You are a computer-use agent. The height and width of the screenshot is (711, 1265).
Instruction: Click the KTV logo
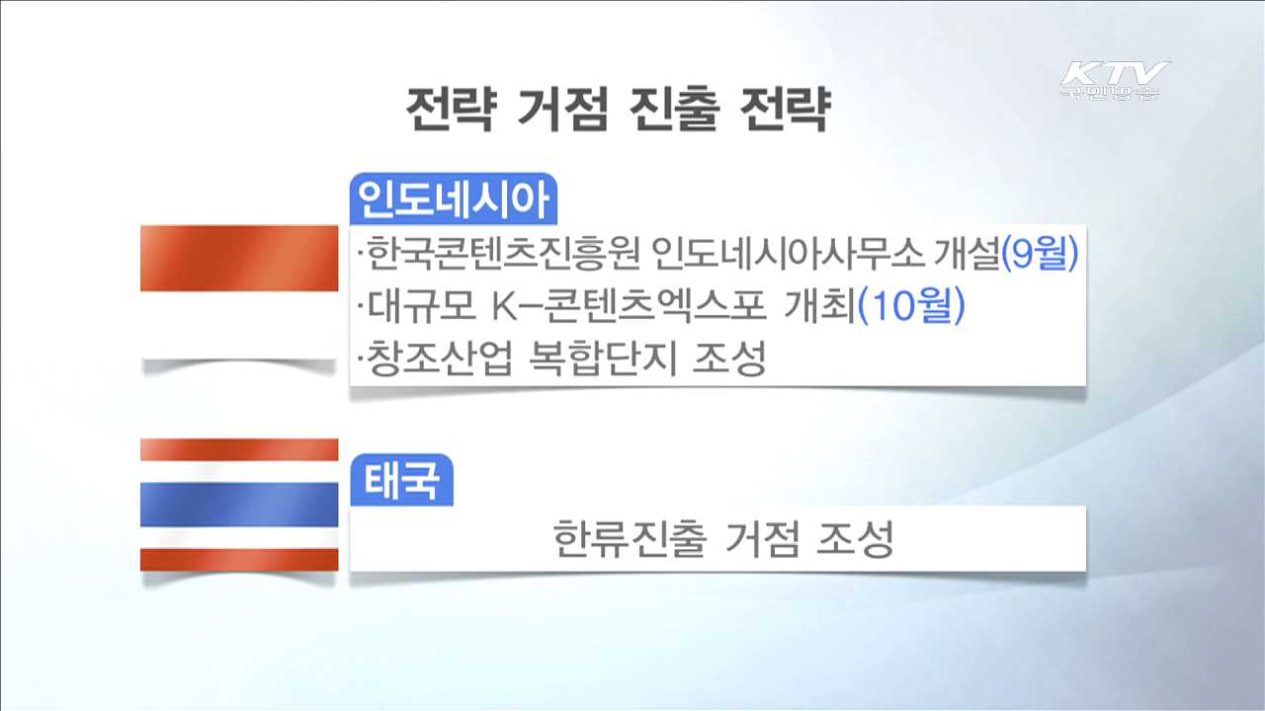pos(1114,80)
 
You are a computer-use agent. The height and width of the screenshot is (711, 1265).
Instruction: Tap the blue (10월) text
pos(910,308)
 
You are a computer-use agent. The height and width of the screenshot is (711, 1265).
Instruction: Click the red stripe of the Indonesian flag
pos(239,259)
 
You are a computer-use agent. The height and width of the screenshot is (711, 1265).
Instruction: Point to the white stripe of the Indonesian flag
pos(239,326)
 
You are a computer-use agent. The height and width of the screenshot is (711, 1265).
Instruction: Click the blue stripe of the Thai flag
pos(239,505)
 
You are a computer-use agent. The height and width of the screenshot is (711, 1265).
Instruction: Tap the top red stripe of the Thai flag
pos(239,449)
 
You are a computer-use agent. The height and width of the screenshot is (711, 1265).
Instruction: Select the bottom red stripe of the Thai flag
pos(239,560)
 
